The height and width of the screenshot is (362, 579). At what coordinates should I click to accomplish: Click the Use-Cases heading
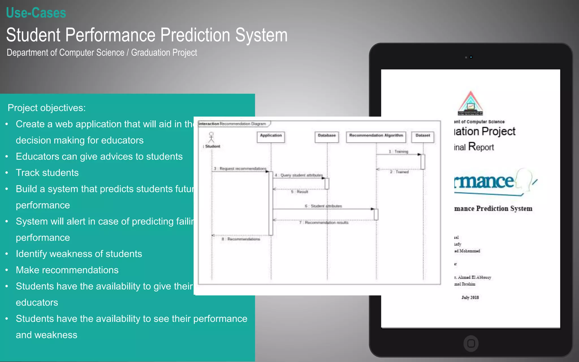point(36,13)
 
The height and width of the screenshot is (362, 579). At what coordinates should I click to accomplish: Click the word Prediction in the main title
point(195,35)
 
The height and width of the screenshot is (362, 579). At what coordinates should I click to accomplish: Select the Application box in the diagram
point(271,137)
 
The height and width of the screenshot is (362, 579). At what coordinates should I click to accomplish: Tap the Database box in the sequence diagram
point(327,137)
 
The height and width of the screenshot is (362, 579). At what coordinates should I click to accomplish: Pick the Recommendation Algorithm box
point(376,137)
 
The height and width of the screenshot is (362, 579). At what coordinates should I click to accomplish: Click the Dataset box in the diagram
point(423,137)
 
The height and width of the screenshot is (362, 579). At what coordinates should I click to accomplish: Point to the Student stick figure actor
point(211,137)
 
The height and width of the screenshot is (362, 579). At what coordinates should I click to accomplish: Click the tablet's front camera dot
point(471,57)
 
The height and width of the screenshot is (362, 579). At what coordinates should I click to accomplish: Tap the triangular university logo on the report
point(470,104)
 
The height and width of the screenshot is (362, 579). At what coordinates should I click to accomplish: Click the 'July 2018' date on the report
point(470,298)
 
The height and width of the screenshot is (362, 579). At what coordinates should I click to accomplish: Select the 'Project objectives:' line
point(47,108)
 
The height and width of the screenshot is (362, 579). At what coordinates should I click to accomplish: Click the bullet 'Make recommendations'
point(67,270)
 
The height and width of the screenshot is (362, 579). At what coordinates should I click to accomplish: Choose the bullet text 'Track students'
point(47,173)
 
